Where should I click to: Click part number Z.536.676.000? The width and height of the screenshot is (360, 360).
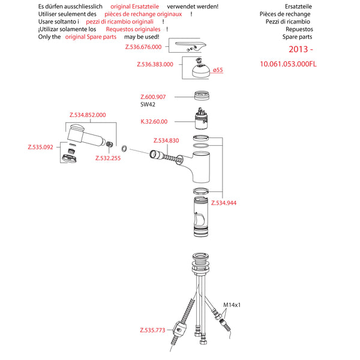(143, 46)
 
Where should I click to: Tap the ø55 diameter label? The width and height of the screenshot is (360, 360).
(218, 70)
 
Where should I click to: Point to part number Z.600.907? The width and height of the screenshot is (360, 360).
(153, 97)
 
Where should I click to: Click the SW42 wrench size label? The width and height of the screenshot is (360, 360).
(148, 104)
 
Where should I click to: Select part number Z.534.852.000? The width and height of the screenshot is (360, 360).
(88, 115)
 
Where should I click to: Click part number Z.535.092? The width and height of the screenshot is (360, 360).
(41, 146)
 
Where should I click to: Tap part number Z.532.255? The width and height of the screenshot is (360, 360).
(107, 158)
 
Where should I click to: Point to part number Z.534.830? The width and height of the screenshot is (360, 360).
(166, 140)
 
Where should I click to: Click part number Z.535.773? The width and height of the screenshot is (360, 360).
(152, 329)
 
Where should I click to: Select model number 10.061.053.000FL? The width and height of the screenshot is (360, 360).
(287, 64)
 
